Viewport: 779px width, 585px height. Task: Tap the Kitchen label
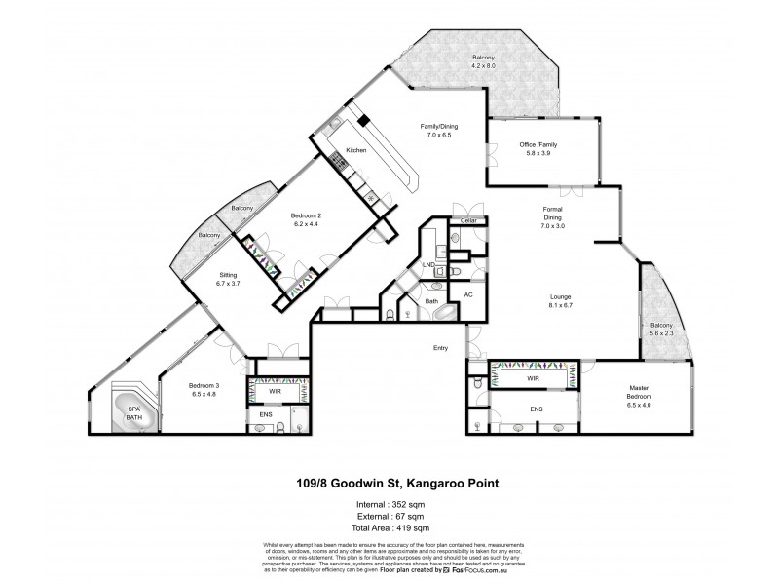(x=355, y=150)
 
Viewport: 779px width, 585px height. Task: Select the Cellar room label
(x=467, y=221)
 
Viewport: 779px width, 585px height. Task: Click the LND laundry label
(x=427, y=264)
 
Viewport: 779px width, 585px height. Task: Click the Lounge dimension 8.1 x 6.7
(x=559, y=304)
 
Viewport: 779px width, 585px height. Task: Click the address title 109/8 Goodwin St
(x=389, y=482)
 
